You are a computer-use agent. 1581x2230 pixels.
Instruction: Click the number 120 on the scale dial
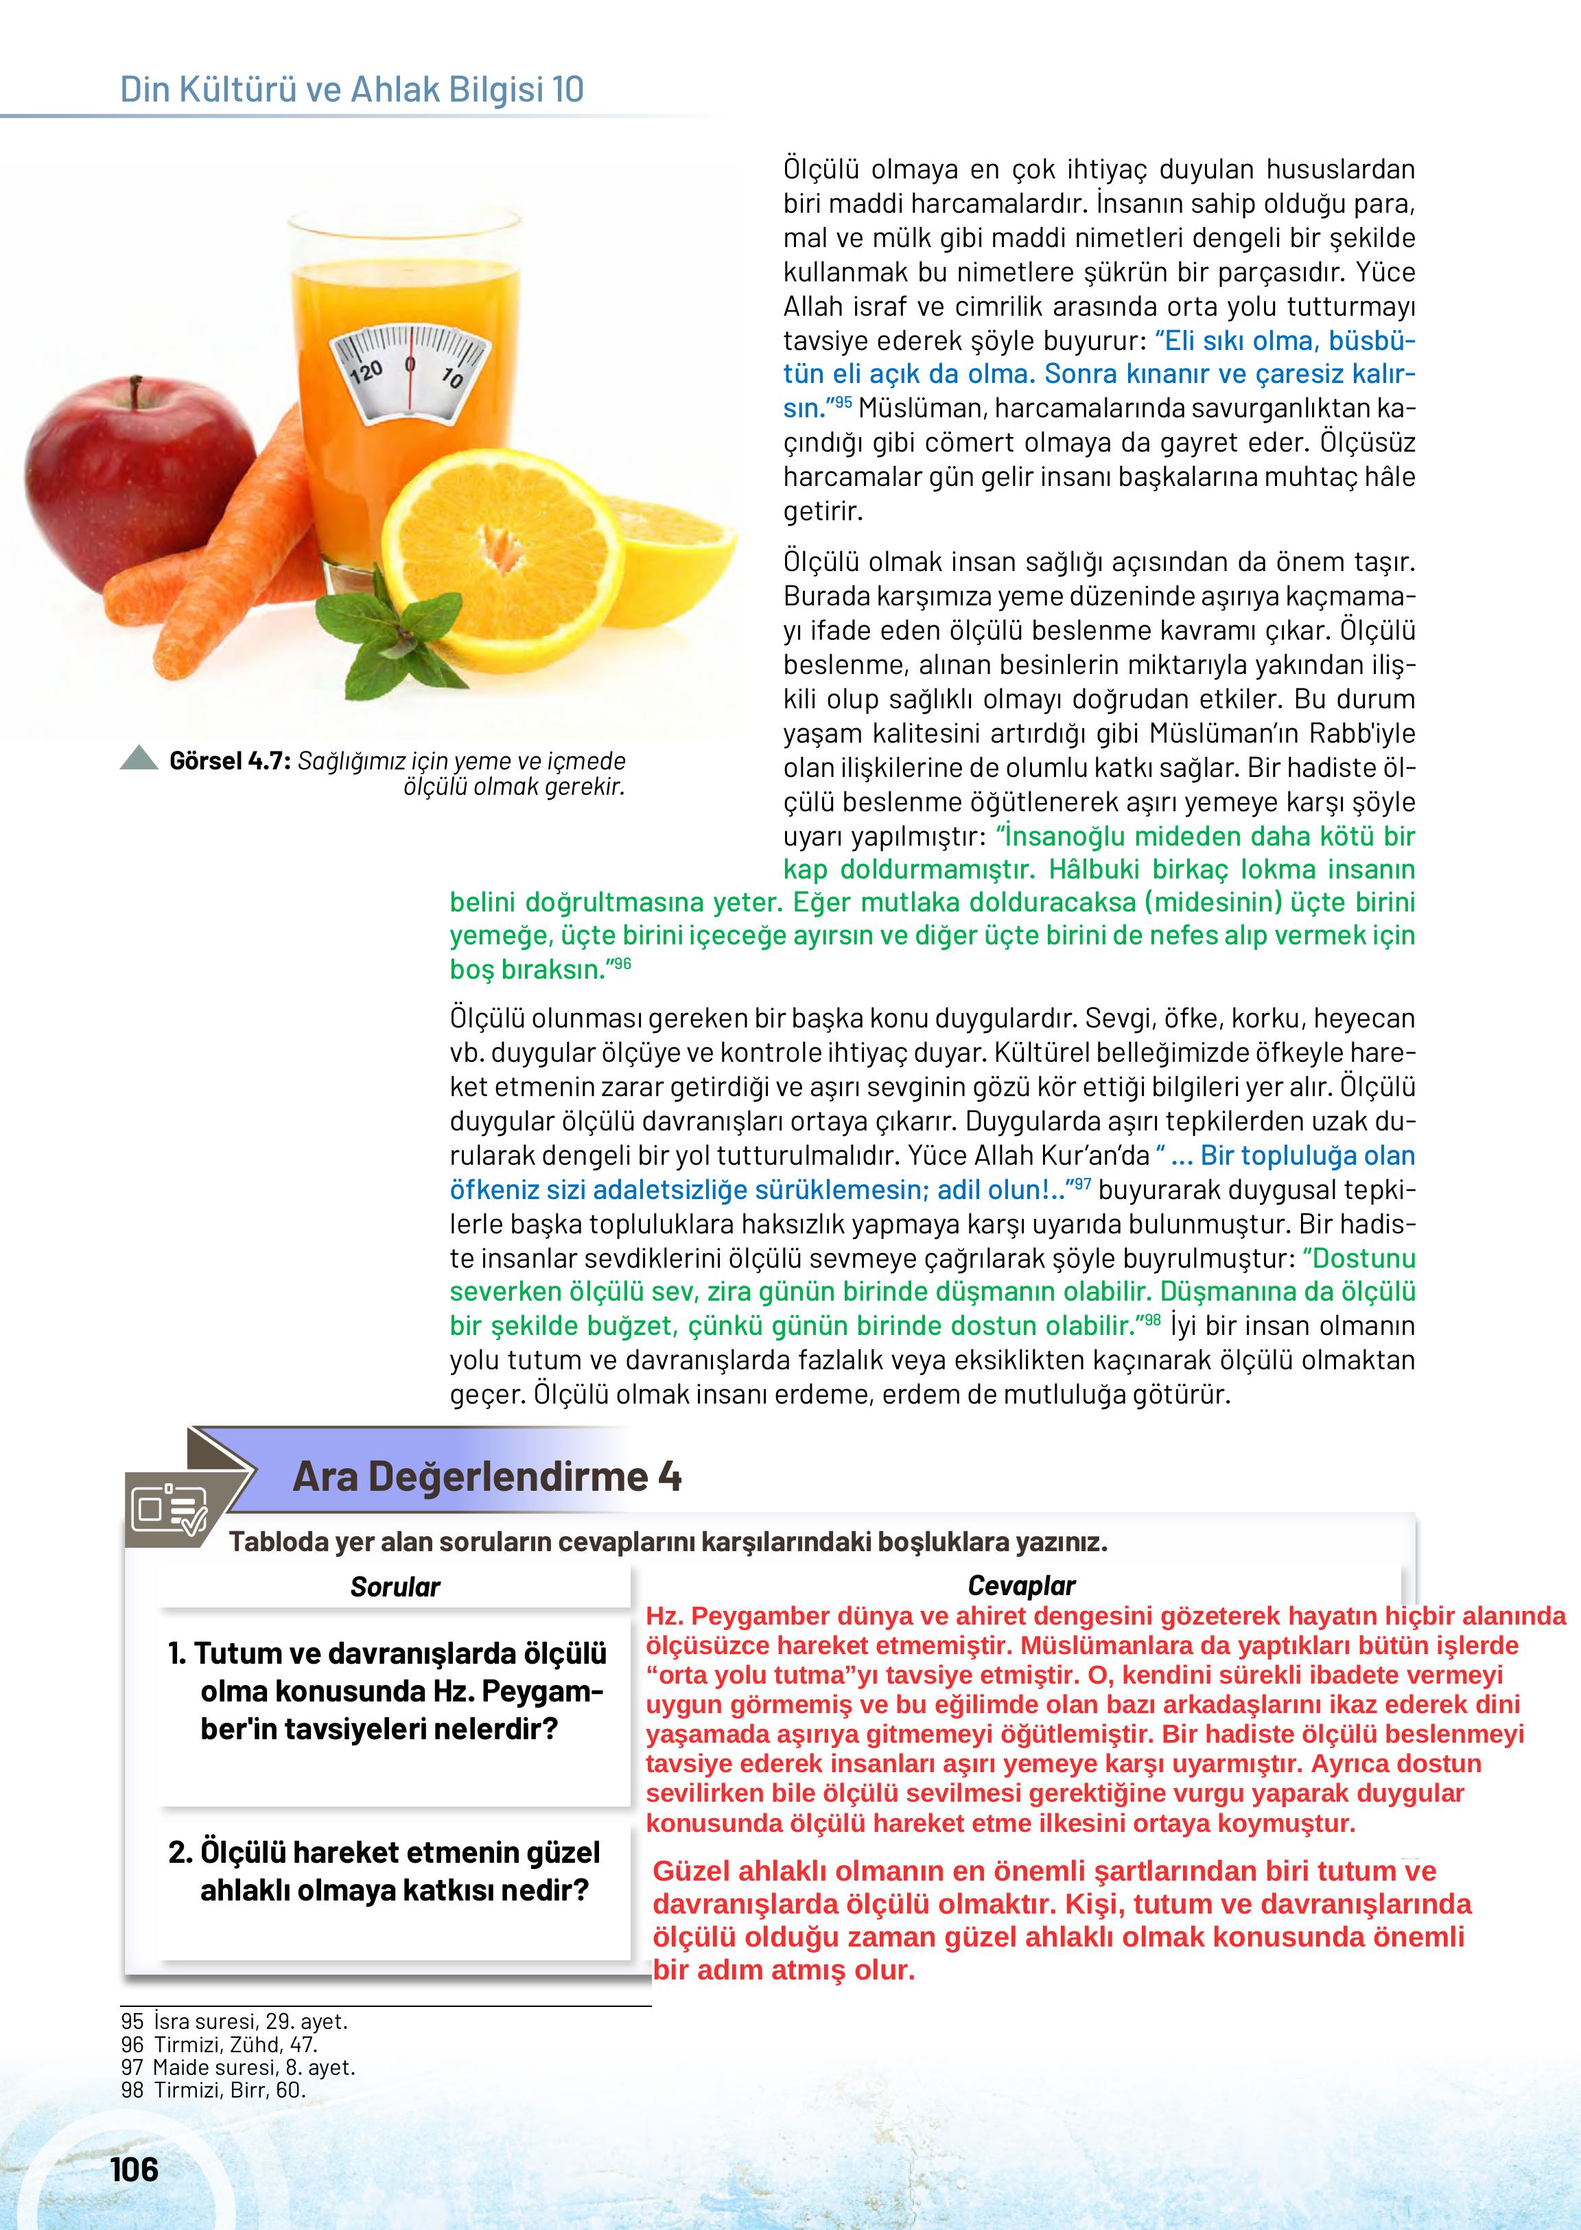(365, 373)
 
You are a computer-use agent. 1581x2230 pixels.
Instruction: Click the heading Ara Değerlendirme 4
(486, 1476)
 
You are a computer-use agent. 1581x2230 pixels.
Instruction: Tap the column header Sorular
(395, 1588)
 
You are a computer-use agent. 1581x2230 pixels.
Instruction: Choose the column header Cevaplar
(1021, 1586)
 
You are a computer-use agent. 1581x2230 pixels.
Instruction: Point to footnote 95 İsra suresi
(233, 2021)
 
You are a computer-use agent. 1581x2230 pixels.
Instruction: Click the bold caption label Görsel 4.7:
(230, 761)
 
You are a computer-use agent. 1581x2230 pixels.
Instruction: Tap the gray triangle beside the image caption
(139, 758)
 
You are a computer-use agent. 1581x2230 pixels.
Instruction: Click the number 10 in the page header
(567, 90)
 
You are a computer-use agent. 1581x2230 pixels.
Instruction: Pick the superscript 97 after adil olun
(1081, 1184)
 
